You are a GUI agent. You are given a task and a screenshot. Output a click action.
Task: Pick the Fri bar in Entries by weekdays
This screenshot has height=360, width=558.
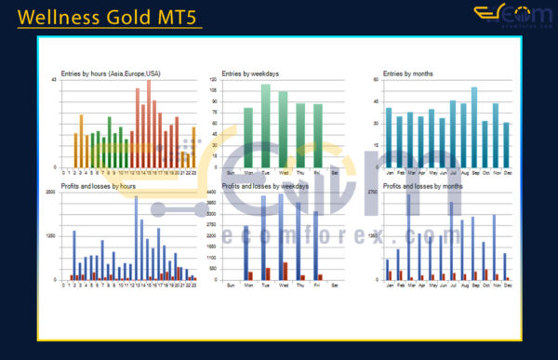click(318, 135)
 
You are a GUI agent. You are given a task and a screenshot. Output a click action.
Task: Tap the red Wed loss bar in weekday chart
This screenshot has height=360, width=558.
click(286, 271)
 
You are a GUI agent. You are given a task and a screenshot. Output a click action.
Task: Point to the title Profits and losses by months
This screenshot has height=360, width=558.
click(423, 186)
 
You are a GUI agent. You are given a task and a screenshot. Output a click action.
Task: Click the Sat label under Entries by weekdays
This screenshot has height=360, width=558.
click(336, 172)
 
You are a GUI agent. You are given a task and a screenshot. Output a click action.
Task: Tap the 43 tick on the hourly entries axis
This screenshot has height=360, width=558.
click(54, 80)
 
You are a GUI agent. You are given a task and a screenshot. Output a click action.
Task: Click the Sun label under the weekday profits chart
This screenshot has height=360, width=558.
click(231, 285)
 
